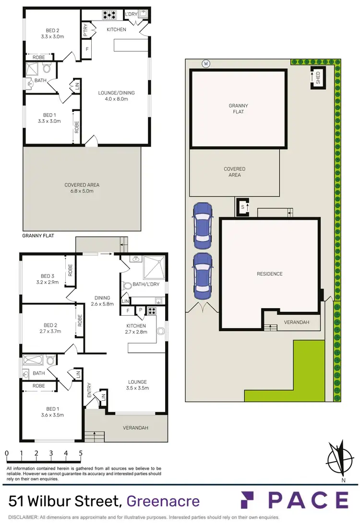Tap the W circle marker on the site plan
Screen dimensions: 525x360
coord(206,63)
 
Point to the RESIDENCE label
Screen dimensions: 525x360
coord(269,274)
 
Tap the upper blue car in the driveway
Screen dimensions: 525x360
coord(202,224)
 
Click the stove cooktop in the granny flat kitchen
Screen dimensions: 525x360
coord(109,15)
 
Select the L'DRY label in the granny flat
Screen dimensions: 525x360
coord(131,15)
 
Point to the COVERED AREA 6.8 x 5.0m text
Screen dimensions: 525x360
coord(82,188)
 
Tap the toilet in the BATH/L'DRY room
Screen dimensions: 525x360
coord(128,286)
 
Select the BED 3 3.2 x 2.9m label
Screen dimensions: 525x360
coord(47,279)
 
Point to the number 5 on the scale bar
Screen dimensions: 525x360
coord(81,453)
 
